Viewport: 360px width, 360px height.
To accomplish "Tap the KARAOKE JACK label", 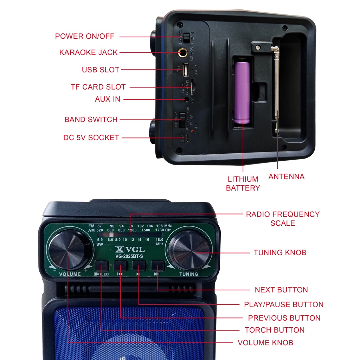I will tap(88, 53).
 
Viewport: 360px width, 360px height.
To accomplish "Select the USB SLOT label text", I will tap(101, 70).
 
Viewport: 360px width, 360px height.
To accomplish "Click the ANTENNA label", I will tap(286, 176).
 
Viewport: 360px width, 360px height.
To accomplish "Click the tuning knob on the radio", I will tap(189, 250).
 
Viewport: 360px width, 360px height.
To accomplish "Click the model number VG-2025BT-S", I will tap(130, 256).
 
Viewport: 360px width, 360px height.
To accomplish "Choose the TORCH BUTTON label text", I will tap(275, 330).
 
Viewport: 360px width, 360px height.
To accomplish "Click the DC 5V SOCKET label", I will tap(91, 138).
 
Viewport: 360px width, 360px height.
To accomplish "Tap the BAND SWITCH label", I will tap(91, 120).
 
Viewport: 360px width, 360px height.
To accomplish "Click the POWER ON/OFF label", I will tap(85, 36).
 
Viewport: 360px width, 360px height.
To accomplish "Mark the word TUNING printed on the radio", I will tap(189, 274).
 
